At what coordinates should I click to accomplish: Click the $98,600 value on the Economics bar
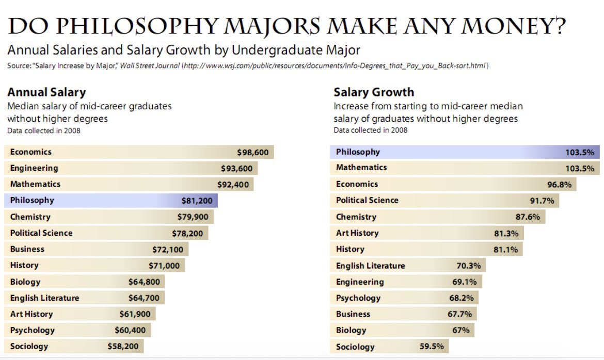click(253, 152)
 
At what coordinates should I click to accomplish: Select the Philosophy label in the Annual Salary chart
click(32, 200)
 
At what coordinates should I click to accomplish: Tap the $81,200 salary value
click(197, 200)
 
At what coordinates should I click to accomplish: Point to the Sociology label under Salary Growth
click(355, 347)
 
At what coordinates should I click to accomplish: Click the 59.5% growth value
click(432, 347)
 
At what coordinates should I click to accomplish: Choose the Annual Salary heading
click(46, 92)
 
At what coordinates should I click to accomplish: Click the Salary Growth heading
click(374, 92)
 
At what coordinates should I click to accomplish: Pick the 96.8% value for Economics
click(560, 184)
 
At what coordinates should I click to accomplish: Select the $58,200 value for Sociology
click(123, 346)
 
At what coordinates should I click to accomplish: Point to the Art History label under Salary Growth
click(357, 233)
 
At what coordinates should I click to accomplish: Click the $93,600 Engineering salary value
click(236, 168)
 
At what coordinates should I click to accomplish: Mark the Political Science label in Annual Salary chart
click(41, 233)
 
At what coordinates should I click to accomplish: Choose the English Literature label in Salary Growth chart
click(370, 266)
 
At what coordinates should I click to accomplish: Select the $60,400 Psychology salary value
click(130, 330)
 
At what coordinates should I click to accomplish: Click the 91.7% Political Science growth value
click(542, 200)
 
